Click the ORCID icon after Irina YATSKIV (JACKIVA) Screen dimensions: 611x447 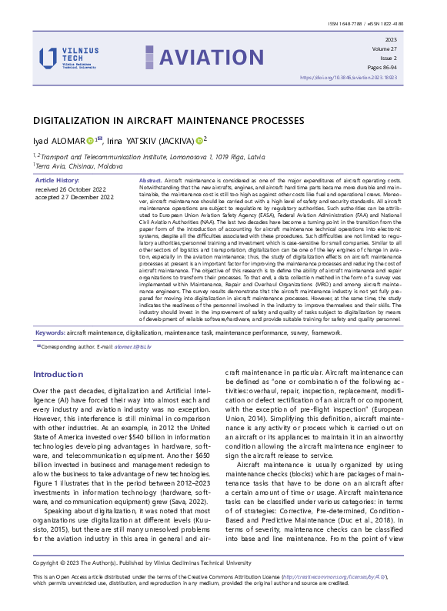(200, 140)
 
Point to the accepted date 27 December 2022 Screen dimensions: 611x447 (74, 197)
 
